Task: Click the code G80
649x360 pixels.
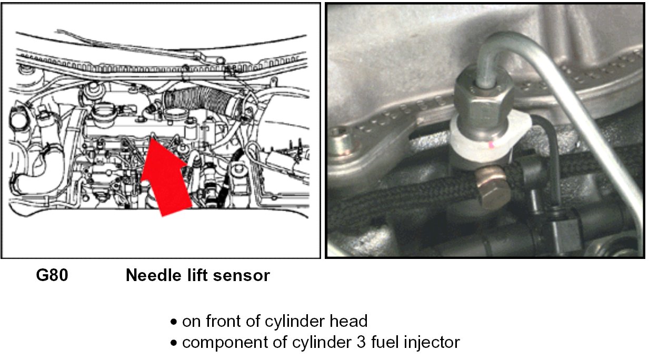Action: (x=52, y=275)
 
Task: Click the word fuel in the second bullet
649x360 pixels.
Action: (x=384, y=342)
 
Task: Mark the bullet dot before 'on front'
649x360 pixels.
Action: (x=174, y=322)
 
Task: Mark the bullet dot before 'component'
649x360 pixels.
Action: (x=174, y=344)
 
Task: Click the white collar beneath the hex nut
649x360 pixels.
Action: (x=490, y=142)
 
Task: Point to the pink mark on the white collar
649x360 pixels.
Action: (x=491, y=144)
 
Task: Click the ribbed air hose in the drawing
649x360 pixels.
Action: (x=200, y=102)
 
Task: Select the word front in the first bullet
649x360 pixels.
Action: (x=223, y=321)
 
